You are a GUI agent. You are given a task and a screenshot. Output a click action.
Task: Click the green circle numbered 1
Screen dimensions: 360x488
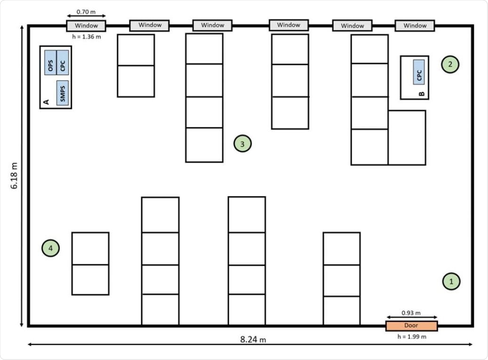(451, 281)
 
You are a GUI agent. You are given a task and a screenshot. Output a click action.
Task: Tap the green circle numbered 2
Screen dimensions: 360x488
(450, 64)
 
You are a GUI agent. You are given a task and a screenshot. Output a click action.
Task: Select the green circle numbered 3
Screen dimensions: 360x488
(242, 144)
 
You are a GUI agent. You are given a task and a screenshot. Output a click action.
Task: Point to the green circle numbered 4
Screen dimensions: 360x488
(51, 248)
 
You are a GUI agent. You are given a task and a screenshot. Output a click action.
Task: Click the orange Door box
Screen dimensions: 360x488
(411, 326)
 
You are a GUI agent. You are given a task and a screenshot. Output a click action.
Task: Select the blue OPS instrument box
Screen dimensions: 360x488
(50, 62)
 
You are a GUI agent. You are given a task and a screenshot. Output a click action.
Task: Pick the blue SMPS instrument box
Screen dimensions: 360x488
(62, 92)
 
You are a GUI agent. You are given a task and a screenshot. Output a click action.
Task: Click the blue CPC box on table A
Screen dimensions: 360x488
(62, 62)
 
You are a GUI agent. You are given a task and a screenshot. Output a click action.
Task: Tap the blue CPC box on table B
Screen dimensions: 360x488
(419, 72)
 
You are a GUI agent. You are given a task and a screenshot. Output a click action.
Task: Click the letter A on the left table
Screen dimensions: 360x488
(46, 102)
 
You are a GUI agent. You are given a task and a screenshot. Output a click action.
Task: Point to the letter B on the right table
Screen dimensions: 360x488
(421, 94)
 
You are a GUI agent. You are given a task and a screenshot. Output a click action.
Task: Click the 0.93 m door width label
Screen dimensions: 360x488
(411, 312)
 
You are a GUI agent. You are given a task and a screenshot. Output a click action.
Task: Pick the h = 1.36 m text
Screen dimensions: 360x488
(86, 36)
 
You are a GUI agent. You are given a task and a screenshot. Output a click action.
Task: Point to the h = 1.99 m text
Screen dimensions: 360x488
(411, 336)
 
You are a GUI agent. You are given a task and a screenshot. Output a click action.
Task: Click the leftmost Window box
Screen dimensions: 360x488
(86, 25)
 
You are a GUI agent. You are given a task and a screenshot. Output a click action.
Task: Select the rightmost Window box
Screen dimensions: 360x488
(415, 25)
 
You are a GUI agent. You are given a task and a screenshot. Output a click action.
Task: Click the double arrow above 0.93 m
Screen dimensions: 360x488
(411, 318)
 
